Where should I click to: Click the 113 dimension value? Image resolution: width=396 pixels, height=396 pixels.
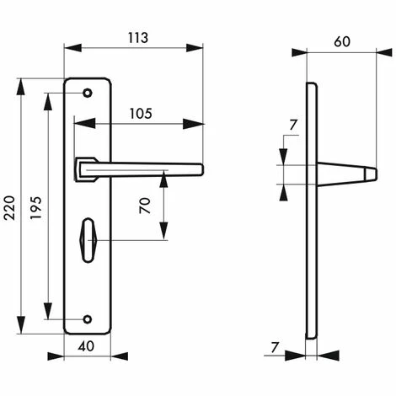[138, 38]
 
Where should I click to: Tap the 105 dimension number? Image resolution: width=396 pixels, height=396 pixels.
[141, 114]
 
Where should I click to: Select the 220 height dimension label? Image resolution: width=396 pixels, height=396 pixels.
[10, 208]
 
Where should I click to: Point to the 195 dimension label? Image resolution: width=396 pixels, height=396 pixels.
[35, 208]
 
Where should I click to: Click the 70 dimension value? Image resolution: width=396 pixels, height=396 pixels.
[145, 206]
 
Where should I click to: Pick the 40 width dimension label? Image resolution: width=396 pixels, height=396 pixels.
[86, 346]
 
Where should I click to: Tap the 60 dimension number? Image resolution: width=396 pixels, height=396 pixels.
[342, 41]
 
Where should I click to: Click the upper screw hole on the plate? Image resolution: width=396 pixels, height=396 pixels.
[88, 93]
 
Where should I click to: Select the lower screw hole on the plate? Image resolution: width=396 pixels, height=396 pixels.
[88, 319]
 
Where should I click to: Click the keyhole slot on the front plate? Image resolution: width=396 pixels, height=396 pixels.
[88, 240]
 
